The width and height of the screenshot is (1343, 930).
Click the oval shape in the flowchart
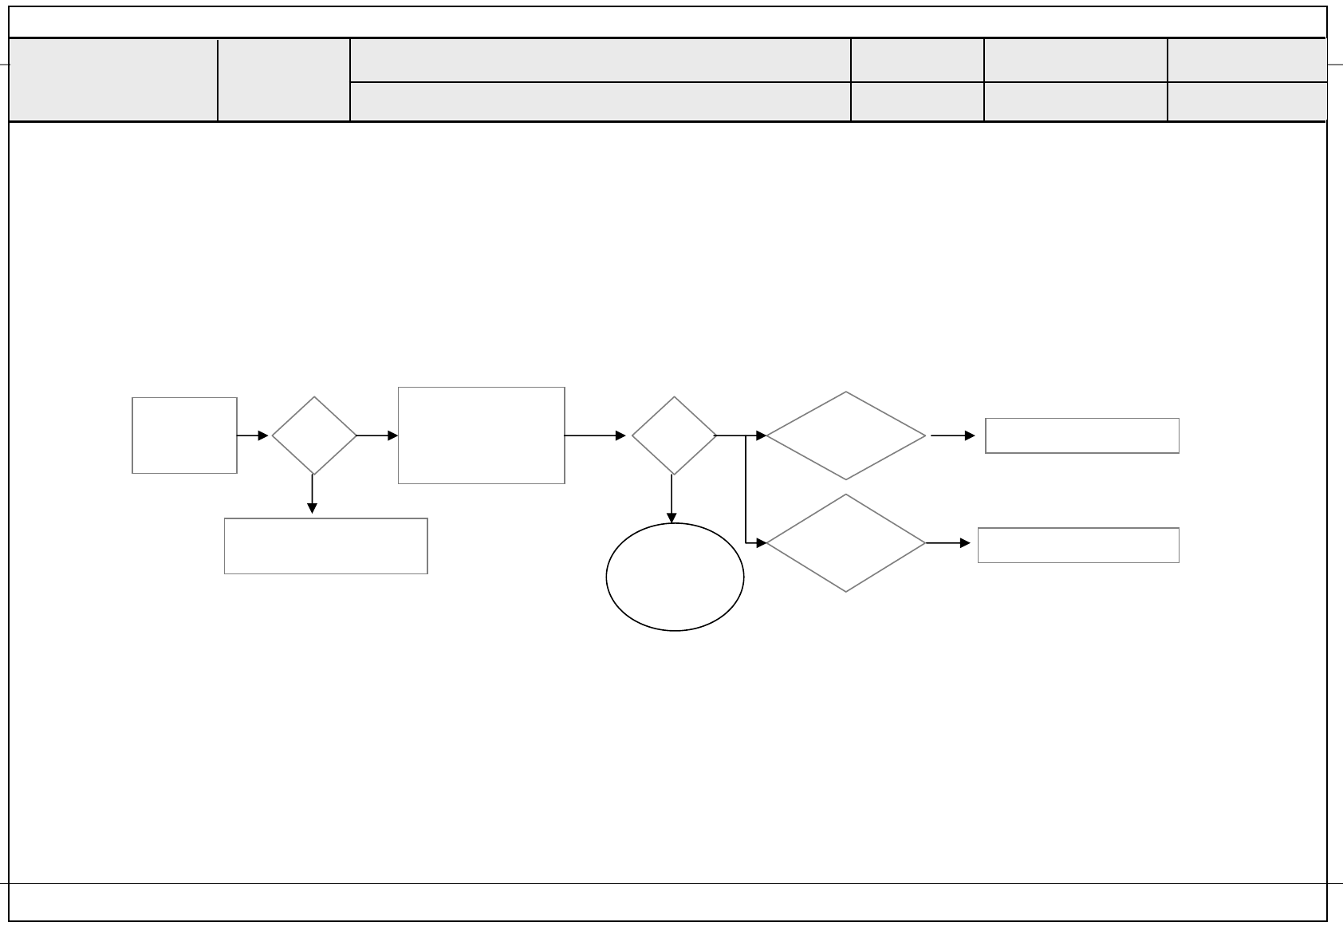coord(675,577)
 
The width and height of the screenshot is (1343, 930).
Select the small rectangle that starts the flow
coord(184,435)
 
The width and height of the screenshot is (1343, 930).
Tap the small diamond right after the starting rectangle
coord(314,435)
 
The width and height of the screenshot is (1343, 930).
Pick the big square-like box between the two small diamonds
coord(482,435)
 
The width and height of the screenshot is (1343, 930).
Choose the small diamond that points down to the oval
coord(674,435)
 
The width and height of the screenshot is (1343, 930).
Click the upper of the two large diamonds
coord(845,435)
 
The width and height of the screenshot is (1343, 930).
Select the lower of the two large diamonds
coord(845,543)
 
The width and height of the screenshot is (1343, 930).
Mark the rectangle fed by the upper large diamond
coord(1082,435)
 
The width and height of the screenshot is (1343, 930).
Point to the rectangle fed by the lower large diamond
coord(1078,546)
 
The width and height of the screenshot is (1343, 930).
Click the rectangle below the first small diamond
coord(325,546)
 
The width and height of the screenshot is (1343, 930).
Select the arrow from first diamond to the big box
coord(376,435)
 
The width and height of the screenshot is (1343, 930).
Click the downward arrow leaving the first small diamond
coord(313,495)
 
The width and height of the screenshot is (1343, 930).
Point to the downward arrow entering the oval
coord(671,499)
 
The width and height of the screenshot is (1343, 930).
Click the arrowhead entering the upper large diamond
coord(761,435)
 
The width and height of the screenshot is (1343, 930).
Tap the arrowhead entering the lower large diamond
coord(761,543)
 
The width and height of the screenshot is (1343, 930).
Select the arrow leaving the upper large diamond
coord(952,435)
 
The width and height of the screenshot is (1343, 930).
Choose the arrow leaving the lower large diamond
coord(948,543)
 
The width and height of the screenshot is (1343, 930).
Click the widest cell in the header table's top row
coord(601,60)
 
